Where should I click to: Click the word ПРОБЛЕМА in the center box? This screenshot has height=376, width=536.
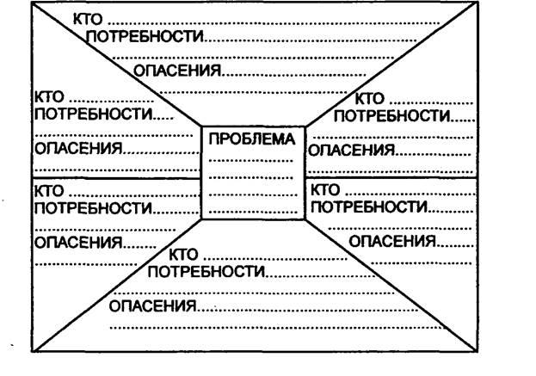click(251, 139)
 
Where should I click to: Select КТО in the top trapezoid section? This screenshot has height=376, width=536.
click(88, 19)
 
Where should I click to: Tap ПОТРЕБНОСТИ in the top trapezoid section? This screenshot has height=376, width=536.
click(145, 36)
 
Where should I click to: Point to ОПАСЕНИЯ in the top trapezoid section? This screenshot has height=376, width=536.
click(177, 71)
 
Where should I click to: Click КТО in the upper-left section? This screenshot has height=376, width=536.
click(49, 97)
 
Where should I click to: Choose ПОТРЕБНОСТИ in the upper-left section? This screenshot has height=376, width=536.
click(93, 114)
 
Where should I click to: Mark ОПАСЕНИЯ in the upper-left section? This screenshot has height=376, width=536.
click(78, 148)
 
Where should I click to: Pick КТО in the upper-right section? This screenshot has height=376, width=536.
click(370, 99)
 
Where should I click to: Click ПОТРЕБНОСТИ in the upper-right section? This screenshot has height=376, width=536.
click(392, 116)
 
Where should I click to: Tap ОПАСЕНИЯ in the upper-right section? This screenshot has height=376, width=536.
click(352, 150)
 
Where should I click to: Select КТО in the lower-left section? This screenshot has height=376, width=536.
click(49, 191)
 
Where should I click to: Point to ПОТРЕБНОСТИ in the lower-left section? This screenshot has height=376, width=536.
click(93, 208)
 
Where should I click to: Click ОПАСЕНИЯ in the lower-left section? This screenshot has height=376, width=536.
click(78, 243)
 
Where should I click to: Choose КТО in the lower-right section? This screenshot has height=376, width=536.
click(325, 189)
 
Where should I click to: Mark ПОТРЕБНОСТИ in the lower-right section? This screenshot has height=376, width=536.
click(369, 206)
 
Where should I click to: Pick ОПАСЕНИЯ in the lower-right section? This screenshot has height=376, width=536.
click(392, 241)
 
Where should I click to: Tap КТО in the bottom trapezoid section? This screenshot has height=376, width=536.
click(183, 255)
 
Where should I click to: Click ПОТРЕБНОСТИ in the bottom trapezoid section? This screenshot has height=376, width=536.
click(206, 271)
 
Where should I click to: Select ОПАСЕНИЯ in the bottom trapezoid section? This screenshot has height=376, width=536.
click(153, 306)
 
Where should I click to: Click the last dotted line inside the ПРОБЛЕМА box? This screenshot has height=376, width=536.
click(253, 213)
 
